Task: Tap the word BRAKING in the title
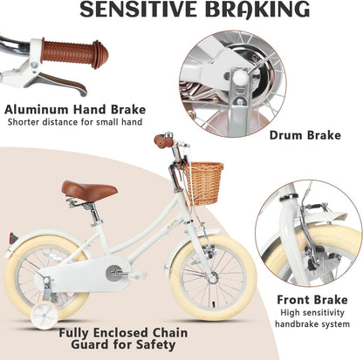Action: point(257,10)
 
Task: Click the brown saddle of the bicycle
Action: point(90,190)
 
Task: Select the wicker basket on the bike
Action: point(203,184)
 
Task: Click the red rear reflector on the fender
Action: point(12,238)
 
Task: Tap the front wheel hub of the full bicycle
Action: point(213,277)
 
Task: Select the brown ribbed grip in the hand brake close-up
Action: point(74,53)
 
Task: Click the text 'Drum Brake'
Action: point(305,135)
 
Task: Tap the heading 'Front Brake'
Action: point(312,300)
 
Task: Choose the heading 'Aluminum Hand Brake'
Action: point(75,110)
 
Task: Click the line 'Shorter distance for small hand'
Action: point(75,122)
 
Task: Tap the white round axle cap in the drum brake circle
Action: point(240,78)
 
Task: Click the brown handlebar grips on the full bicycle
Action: point(163,142)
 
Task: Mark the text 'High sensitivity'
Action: point(312,313)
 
